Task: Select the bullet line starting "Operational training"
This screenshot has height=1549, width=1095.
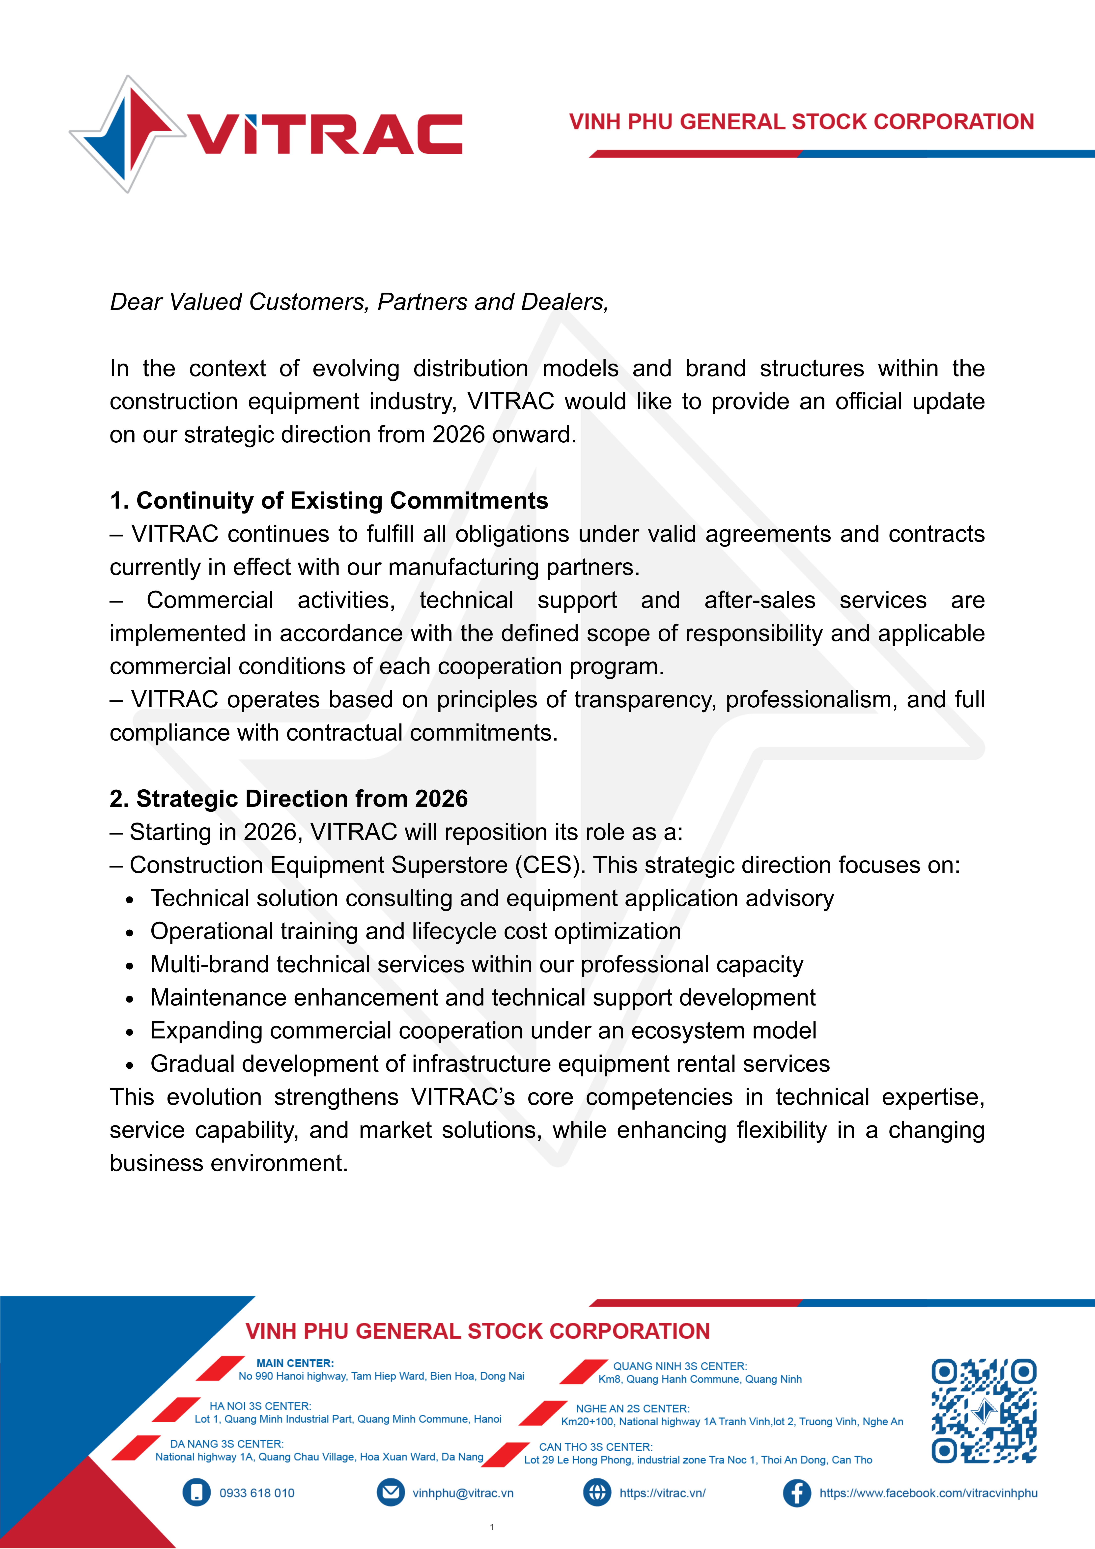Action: click(415, 931)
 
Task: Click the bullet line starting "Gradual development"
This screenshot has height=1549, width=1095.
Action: click(490, 1063)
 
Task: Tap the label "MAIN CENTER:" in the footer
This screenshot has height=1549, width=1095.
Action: click(295, 1363)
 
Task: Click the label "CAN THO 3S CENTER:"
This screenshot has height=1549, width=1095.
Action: click(596, 1446)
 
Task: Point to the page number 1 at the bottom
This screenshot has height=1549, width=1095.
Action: click(492, 1527)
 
